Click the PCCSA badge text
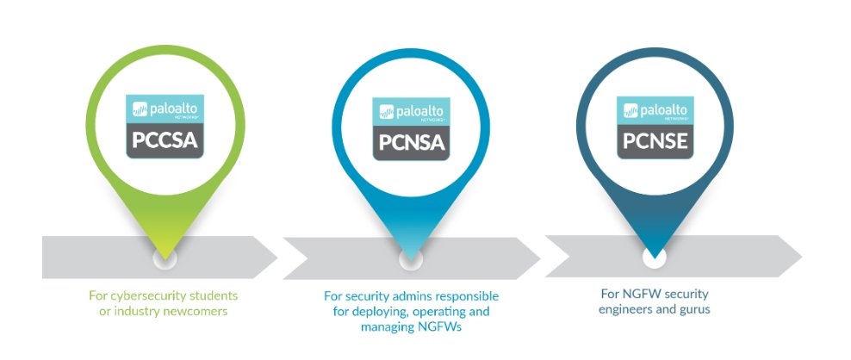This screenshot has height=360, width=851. pyautogui.click(x=165, y=140)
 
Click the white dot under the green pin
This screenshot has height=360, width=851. pyautogui.click(x=165, y=257)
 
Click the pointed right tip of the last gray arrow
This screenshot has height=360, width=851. pyautogui.click(x=801, y=256)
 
